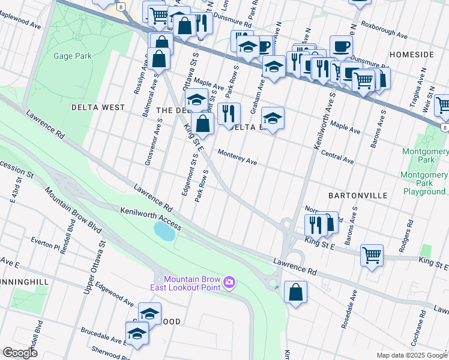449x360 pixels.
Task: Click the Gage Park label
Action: pyautogui.click(x=71, y=56)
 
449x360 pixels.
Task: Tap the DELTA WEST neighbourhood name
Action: pyautogui.click(x=98, y=107)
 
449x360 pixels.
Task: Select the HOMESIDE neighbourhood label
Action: pyautogui.click(x=411, y=55)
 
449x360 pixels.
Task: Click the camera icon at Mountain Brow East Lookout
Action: pyautogui.click(x=229, y=282)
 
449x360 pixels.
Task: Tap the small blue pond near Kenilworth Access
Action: pyautogui.click(x=164, y=231)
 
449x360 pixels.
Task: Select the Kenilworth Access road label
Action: pyautogui.click(x=150, y=218)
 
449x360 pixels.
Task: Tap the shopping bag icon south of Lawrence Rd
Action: pyautogui.click(x=296, y=293)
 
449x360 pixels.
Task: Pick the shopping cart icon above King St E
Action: pyautogui.click(x=372, y=254)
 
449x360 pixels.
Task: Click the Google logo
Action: pyautogui.click(x=20, y=353)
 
